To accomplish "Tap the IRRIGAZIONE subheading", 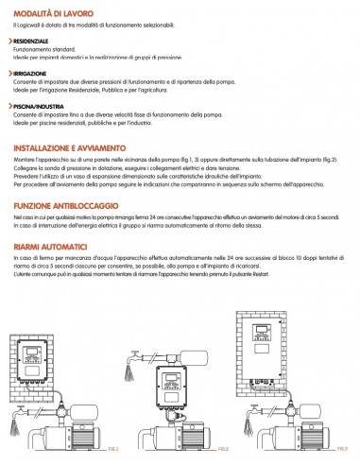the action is pos(28,72).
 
